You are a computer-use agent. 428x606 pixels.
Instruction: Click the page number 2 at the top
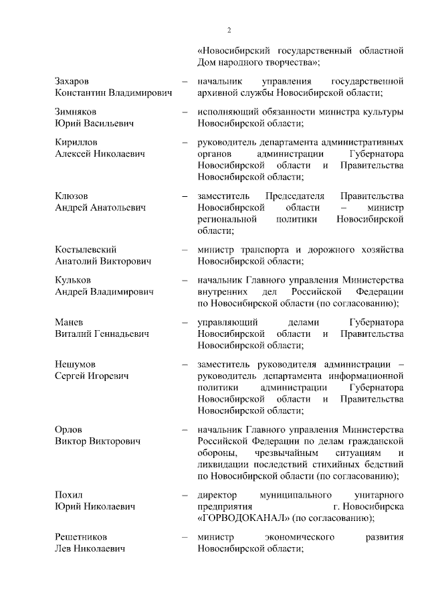(228, 29)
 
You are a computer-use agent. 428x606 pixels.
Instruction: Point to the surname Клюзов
(71, 196)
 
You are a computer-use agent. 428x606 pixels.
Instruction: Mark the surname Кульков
(73, 279)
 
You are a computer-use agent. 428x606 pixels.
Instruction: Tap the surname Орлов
(69, 429)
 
